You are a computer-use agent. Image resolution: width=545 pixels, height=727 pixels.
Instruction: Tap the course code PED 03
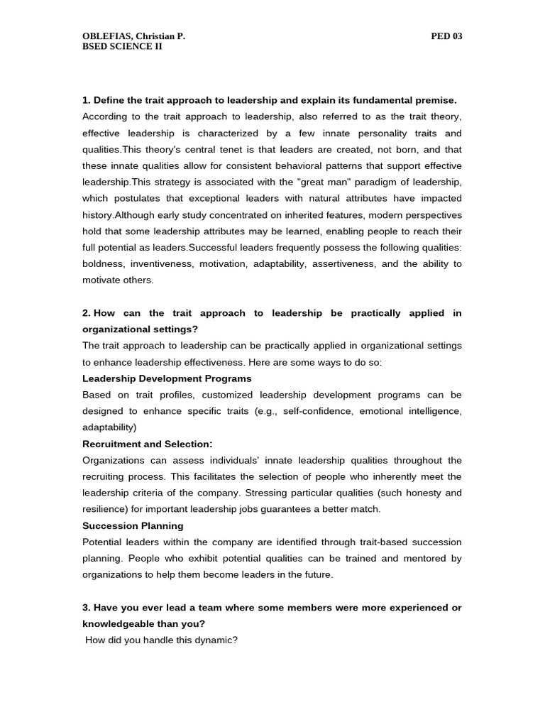coord(446,36)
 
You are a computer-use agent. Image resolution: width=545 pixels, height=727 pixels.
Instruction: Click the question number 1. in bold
coord(87,100)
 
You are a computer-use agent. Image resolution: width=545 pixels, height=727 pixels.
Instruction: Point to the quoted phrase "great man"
coord(307,182)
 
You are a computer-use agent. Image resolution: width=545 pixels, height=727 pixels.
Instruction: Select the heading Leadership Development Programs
coord(167,378)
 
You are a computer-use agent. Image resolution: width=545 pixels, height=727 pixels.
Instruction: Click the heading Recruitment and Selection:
coord(148,444)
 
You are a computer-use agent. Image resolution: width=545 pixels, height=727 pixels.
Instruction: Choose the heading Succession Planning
coord(133,525)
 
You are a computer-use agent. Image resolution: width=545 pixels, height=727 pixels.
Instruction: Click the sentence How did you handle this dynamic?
coord(161,640)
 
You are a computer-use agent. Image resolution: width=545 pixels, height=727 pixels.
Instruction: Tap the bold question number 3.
coord(87,607)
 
